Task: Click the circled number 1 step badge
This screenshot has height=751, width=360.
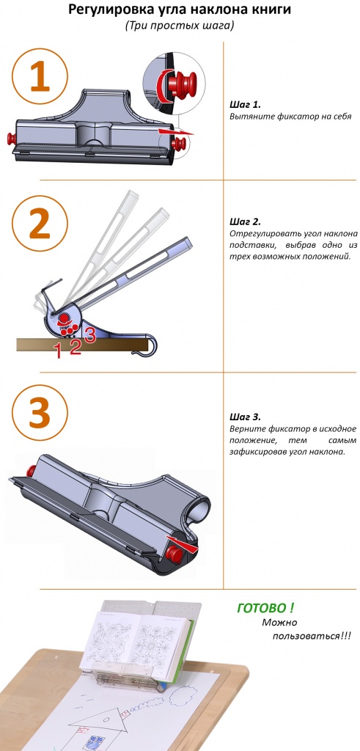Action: (x=40, y=76)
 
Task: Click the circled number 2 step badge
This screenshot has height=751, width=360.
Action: (x=40, y=223)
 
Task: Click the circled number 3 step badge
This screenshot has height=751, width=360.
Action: (x=40, y=413)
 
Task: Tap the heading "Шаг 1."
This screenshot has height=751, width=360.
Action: (x=245, y=105)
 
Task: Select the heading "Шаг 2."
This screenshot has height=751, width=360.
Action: (x=245, y=222)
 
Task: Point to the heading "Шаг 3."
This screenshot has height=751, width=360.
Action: (x=245, y=417)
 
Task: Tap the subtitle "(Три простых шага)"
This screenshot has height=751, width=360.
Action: (x=180, y=26)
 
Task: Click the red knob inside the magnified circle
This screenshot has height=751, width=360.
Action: (x=185, y=83)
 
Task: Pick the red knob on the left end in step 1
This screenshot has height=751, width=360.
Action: (x=11, y=139)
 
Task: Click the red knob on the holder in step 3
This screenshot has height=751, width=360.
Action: (x=175, y=555)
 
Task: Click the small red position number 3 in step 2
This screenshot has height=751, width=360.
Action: (x=90, y=334)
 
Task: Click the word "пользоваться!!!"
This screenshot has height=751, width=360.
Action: (x=312, y=637)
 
